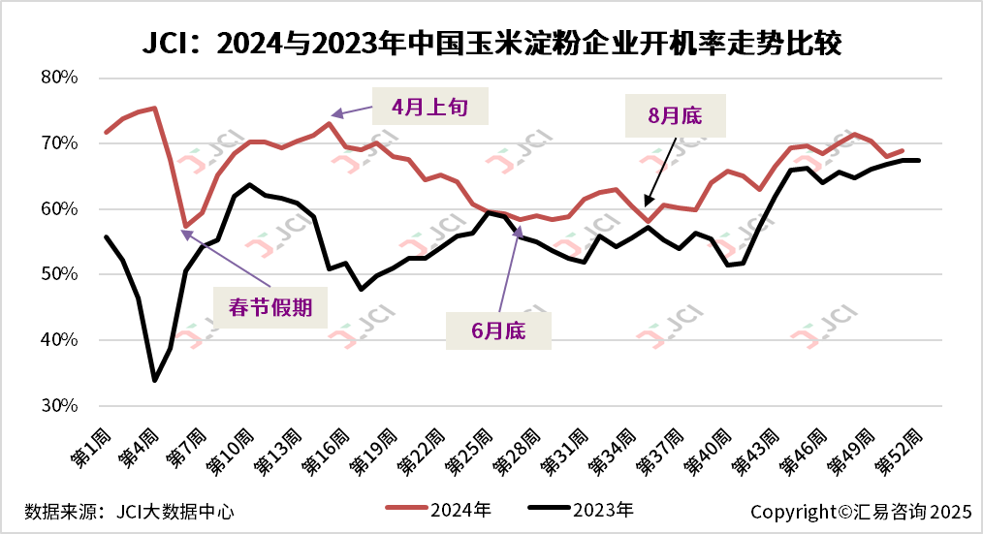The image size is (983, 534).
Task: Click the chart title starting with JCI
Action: (491, 44)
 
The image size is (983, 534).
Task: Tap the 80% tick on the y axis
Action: (59, 78)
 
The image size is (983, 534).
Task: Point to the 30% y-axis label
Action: (59, 406)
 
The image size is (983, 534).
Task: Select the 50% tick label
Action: (59, 274)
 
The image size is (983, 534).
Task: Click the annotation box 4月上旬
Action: (429, 107)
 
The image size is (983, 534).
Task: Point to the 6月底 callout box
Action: (498, 330)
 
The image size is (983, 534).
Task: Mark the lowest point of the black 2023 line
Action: (154, 380)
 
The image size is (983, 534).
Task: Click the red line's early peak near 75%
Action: (155, 108)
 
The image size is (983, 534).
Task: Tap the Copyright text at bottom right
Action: (860, 509)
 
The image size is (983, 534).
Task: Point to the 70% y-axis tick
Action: (59, 143)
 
